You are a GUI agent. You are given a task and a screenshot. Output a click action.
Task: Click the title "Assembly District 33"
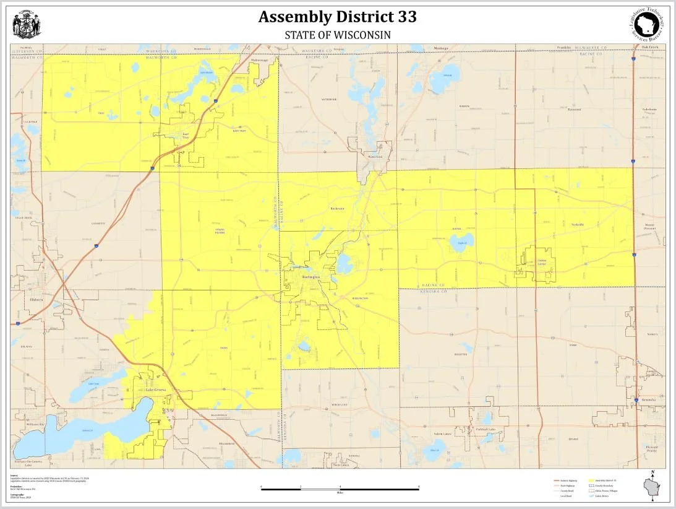pos(337,17)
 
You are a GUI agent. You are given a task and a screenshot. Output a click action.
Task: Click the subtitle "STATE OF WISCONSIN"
pos(337,35)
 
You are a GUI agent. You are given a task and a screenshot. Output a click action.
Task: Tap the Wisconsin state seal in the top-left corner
pos(26,26)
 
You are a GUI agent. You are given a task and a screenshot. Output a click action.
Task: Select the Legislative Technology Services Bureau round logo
pos(649,25)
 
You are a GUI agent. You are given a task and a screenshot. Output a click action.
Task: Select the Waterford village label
pos(375,157)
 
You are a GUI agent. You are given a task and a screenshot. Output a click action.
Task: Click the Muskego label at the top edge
pos(440,47)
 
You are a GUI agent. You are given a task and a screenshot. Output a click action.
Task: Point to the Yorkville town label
pos(577,224)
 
